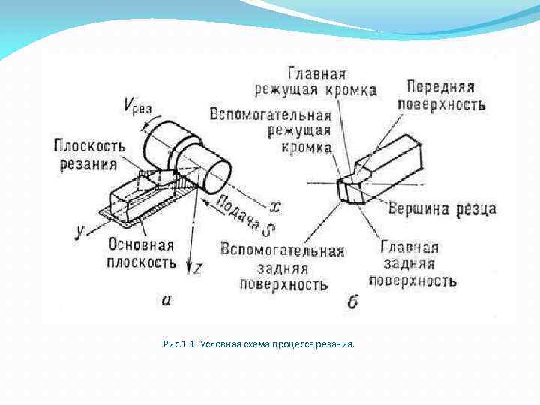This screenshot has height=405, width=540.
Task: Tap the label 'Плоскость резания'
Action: click(85, 154)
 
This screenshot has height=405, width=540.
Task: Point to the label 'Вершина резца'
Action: click(442, 209)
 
